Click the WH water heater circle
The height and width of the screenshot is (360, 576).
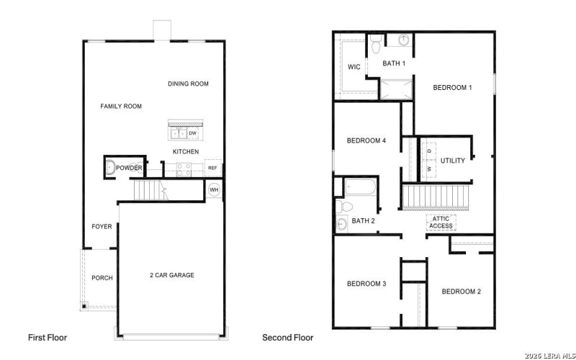(x=214, y=190)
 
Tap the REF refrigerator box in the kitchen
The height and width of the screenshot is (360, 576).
(x=212, y=168)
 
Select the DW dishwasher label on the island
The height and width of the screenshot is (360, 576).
(x=193, y=133)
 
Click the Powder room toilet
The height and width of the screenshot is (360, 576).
(x=109, y=168)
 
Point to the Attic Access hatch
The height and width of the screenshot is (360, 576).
(x=441, y=222)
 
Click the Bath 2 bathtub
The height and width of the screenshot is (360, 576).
(x=358, y=188)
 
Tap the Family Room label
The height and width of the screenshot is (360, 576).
(x=121, y=107)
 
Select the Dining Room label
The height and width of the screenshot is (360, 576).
(x=188, y=84)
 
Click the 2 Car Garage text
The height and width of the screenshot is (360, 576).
(x=171, y=275)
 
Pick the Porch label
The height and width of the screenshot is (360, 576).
(x=102, y=278)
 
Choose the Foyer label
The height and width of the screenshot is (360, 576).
(x=102, y=227)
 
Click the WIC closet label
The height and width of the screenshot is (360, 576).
(x=354, y=67)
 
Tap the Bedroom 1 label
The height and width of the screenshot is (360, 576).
(x=452, y=88)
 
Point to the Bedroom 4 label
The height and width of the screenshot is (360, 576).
(x=366, y=141)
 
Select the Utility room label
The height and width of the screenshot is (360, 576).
(x=453, y=161)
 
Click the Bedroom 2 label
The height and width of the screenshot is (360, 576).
(x=461, y=292)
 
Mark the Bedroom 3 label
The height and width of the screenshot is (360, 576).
(x=366, y=284)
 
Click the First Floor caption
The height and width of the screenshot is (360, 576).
(x=48, y=337)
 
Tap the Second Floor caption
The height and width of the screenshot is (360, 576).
(x=287, y=337)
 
